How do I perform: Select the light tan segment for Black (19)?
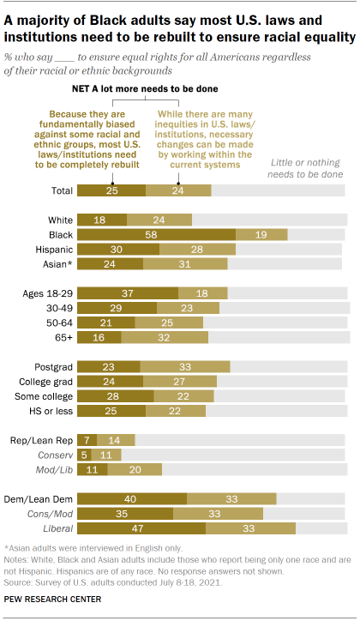[x=261, y=233]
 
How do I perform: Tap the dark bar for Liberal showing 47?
[x=141, y=528]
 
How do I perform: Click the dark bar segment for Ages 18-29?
[x=128, y=292]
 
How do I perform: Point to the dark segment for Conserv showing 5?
[x=84, y=455]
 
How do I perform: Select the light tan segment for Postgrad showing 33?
[x=185, y=366]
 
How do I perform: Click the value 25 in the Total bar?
[x=111, y=190]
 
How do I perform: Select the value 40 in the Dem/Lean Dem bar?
[x=132, y=498]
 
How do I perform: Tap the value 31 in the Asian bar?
[x=184, y=263]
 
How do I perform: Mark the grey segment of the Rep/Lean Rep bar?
[x=241, y=440]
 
